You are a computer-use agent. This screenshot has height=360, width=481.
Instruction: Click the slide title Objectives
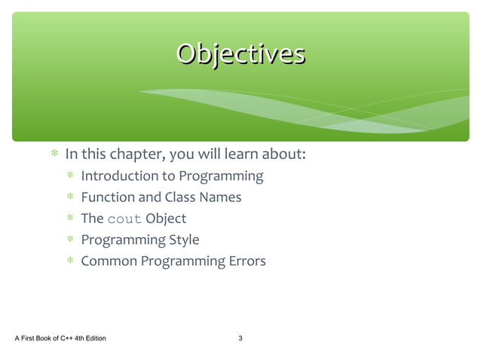point(240,54)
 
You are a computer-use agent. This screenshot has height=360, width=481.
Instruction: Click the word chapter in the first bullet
point(135,155)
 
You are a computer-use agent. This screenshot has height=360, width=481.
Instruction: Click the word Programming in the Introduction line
point(220,176)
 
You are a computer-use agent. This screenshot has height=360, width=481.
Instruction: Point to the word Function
point(108,197)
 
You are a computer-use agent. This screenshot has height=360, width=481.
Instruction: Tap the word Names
point(221,197)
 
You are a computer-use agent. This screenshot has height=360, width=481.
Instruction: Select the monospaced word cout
point(124,219)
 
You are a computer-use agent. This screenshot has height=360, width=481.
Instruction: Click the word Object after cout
point(166,218)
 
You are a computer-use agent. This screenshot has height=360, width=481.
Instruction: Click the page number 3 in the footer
point(240,338)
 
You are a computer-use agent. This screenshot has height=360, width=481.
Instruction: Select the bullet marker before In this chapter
point(54,155)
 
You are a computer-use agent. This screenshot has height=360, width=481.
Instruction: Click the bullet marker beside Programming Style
point(69,240)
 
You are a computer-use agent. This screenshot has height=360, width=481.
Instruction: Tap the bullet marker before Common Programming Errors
point(69,261)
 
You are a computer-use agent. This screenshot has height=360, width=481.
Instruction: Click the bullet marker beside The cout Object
point(69,219)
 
